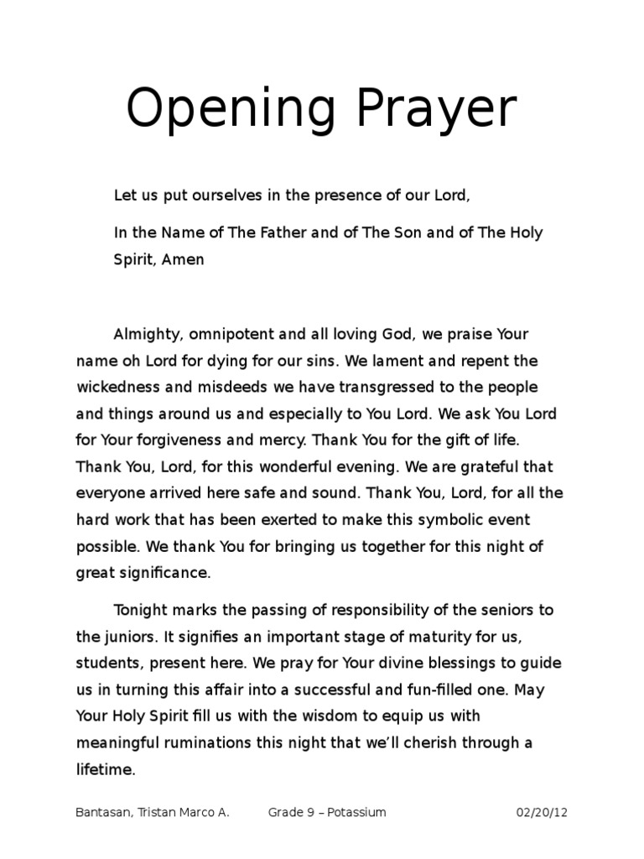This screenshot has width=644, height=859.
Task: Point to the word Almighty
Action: (x=147, y=334)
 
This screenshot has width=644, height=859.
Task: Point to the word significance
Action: (x=165, y=574)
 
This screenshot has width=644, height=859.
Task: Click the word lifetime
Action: (x=105, y=769)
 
